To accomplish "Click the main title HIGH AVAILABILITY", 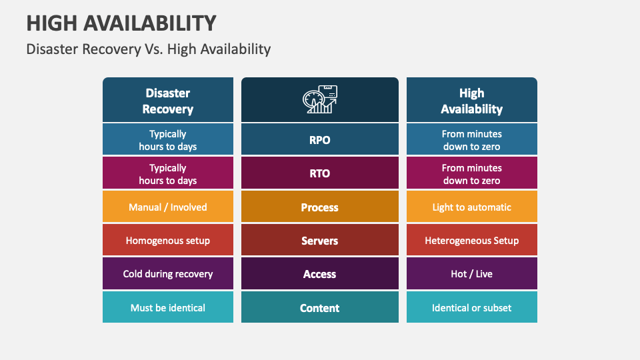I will coord(121,23).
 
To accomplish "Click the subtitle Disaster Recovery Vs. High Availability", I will coord(148,49).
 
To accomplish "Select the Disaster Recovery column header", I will coord(168,101).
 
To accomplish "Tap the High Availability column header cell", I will coord(471,101).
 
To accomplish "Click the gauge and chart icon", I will coord(320,100).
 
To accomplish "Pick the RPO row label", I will coord(320,140).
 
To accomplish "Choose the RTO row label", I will coord(320,173).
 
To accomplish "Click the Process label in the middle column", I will coord(320,207).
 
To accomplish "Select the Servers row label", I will coord(320,241).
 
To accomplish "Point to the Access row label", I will coord(320,274).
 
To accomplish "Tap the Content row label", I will coord(320,308).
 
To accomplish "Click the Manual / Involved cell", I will coord(168,207).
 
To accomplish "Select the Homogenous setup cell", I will coord(168,241).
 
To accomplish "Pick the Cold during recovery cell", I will coord(168,274).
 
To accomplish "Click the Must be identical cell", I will coord(168,308).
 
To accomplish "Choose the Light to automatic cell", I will coord(471,207).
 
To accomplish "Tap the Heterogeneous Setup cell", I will coord(471,241).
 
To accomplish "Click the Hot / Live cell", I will coord(471,274).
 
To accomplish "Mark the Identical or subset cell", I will coord(471,308).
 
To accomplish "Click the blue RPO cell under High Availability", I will coord(471,140).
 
